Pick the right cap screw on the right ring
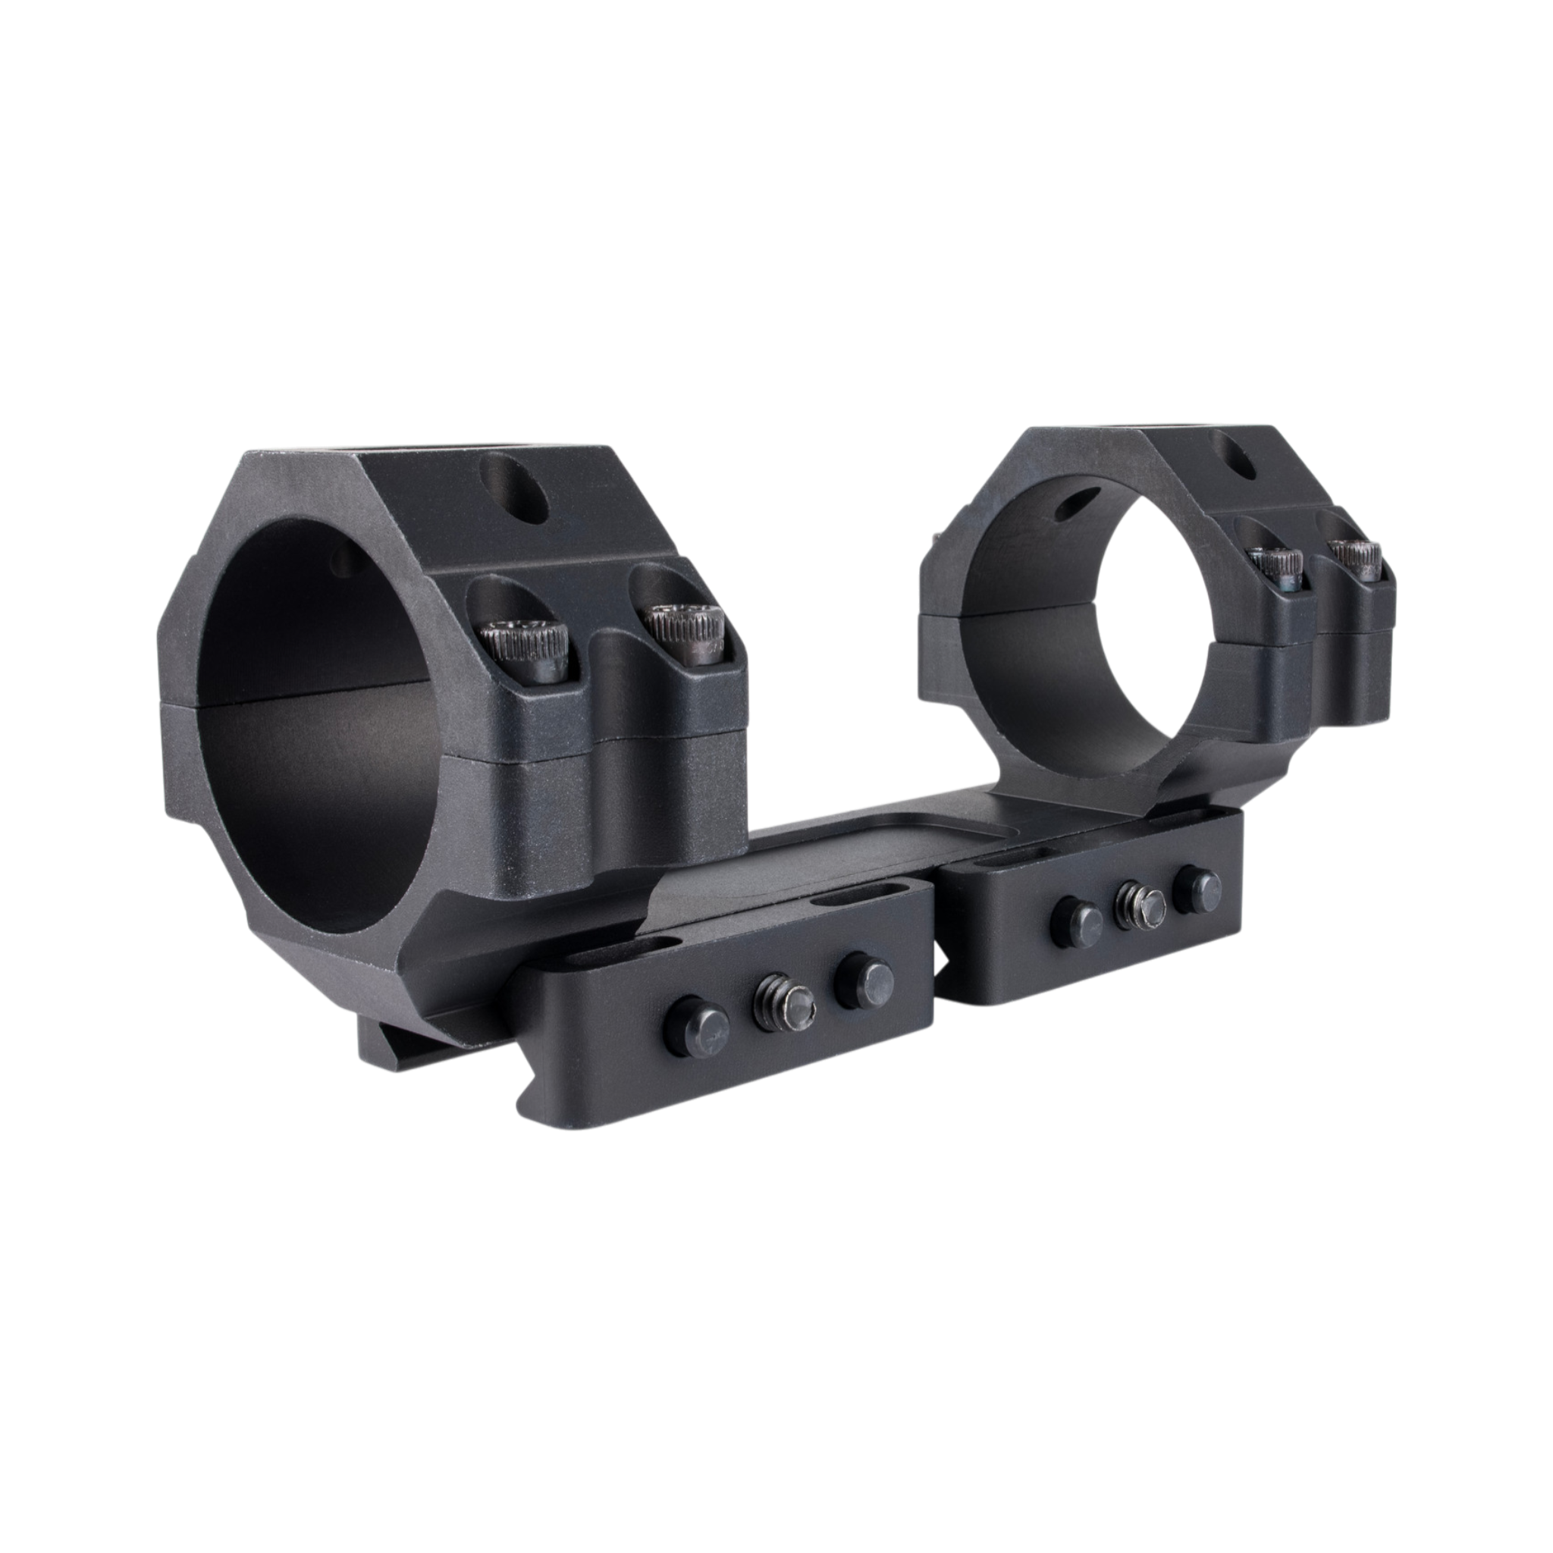1358,558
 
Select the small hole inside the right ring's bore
1080,504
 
